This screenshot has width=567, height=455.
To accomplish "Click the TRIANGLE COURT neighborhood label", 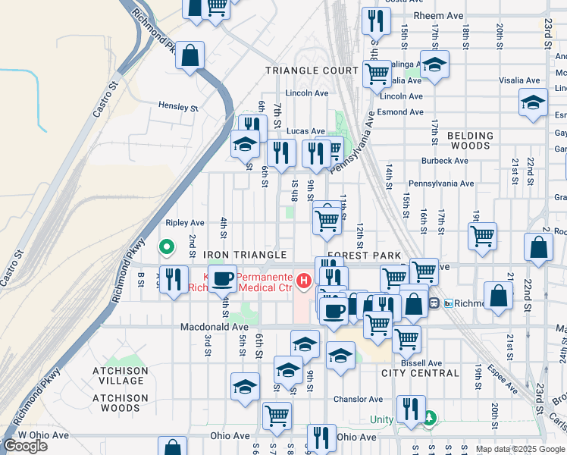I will (312, 71).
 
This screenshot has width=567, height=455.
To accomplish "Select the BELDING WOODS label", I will (470, 141).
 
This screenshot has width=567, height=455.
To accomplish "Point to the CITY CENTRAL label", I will (420, 373).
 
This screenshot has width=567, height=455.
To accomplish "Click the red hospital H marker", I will (305, 282).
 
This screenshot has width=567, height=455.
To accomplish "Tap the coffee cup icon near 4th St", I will (222, 278).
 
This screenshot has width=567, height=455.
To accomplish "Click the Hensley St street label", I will (178, 107).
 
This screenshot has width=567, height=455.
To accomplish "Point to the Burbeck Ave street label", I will (446, 161).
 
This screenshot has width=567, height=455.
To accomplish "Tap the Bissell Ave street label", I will (422, 363).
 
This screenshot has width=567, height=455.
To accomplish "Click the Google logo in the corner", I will (25, 446).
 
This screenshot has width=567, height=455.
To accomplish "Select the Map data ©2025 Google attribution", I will (520, 449).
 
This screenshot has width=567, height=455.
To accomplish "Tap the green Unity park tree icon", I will (430, 417).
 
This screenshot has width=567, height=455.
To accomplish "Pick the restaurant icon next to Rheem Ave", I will (375, 20).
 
